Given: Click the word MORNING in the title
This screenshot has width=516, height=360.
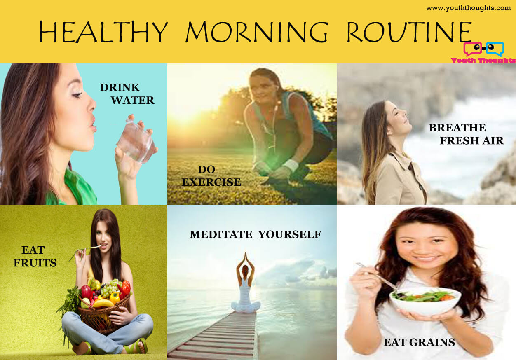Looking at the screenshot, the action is click(257, 32).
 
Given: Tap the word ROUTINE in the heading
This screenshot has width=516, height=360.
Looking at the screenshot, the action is click(410, 32).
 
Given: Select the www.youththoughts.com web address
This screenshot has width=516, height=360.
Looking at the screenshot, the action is click(468, 8).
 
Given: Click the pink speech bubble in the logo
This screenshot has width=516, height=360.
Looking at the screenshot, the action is click(472, 49).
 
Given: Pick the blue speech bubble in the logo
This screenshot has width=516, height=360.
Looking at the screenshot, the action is click(495, 49).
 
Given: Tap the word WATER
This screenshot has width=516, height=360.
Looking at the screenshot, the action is click(132, 101).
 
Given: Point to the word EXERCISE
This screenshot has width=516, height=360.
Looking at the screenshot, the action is click(211, 182).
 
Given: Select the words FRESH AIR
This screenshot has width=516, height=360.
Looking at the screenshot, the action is click(471, 140).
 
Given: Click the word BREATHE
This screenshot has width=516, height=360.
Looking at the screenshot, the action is click(457, 128).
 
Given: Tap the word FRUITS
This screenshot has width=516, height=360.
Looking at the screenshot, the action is click(35, 263).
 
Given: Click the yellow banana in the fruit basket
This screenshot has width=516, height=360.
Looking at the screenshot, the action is click(103, 303).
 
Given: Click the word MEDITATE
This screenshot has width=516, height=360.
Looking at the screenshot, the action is click(221, 234).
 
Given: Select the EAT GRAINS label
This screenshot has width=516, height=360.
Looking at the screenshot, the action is click(419, 342).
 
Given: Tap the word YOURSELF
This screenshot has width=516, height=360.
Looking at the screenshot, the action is click(290, 234).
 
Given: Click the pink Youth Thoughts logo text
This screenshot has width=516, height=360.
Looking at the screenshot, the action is click(483, 60).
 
